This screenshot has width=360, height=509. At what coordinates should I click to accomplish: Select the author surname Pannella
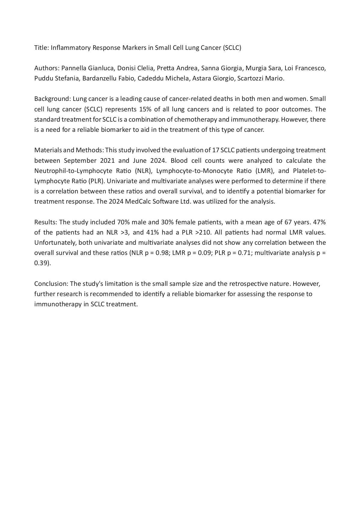[x=74, y=68]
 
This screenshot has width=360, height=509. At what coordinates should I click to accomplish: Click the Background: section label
[x=52, y=99]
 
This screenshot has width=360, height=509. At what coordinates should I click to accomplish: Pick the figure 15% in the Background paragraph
[x=145, y=109]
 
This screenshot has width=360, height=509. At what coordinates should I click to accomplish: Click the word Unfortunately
[x=55, y=243]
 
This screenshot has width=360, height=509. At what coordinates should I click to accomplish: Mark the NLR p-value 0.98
[x=162, y=253]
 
